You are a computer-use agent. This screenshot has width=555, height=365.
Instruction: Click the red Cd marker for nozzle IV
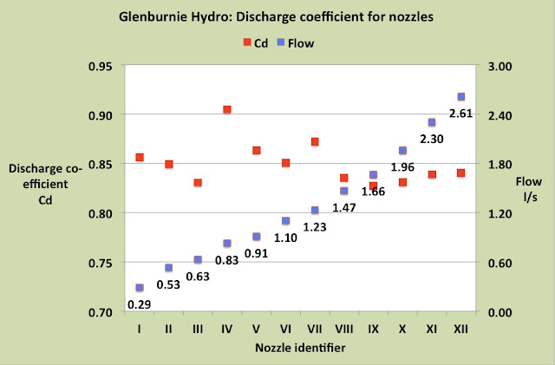227,109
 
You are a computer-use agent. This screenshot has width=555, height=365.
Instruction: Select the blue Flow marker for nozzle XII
460,96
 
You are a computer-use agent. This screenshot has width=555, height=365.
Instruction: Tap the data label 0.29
139,304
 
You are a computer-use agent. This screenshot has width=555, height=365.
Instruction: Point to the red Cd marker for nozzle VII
315,142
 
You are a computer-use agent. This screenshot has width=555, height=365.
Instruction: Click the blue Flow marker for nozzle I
140,288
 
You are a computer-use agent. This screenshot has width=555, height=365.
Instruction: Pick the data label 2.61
460,114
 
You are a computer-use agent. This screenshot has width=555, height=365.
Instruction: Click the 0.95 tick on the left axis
101,67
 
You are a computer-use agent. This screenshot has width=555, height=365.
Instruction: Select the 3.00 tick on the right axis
499,67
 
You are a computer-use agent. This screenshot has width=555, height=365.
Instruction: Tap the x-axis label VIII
343,329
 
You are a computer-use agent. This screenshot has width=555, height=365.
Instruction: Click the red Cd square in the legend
247,42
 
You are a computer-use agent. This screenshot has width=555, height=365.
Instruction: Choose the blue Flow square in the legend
281,42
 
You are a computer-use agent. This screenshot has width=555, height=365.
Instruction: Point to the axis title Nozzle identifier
300,348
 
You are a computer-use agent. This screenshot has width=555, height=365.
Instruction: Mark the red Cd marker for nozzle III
198,183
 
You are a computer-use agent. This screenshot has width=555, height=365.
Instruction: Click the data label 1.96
402,167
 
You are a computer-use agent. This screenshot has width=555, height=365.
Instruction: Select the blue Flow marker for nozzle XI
432,122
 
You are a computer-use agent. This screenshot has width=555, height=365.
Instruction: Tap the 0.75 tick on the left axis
101,264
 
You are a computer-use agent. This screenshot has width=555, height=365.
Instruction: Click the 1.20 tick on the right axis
499,214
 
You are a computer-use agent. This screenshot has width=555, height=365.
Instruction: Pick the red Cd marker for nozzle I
140,157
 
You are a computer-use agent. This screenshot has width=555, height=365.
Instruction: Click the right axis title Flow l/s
529,189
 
